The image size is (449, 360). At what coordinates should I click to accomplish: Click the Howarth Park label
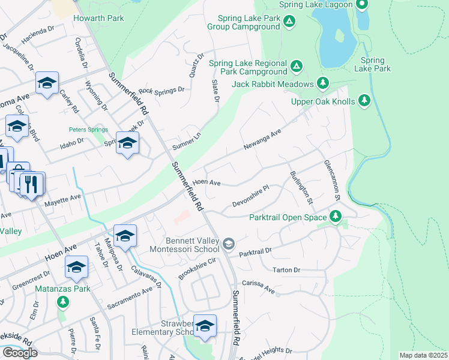point(98,18)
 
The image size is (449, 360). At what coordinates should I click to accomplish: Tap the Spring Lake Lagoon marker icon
point(361,5)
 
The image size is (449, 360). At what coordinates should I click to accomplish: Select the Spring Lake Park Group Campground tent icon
point(290,22)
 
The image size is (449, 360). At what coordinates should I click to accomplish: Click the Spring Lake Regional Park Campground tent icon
point(295,66)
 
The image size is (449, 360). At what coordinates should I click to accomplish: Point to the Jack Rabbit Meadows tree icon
point(323,83)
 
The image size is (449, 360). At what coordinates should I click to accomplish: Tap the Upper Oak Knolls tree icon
point(364,101)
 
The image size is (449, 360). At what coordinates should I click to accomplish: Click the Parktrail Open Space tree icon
point(337,217)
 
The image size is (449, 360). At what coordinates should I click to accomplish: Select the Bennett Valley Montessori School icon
point(228,244)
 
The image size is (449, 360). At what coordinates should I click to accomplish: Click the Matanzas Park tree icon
point(62,301)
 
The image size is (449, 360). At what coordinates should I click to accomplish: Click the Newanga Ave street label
point(262,140)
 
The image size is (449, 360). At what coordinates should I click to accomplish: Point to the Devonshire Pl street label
point(250,196)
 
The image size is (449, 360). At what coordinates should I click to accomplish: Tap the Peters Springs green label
point(88,130)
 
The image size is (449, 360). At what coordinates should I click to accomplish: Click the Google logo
point(20,353)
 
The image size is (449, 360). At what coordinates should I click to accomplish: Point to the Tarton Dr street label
point(286,270)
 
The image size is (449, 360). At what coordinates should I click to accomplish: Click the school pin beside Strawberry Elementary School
point(205,326)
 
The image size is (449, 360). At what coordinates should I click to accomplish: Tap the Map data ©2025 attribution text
point(424,355)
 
